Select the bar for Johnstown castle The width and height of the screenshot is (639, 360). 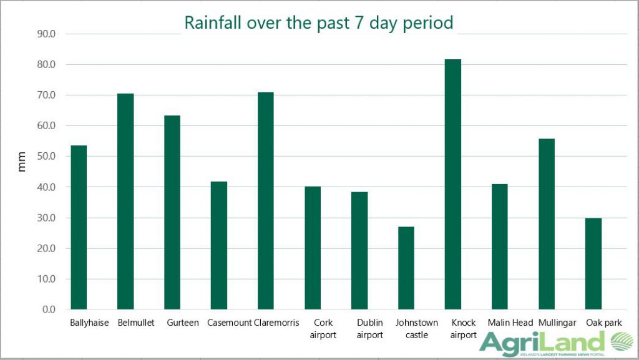point(406,268)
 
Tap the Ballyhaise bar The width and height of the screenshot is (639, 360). point(79,227)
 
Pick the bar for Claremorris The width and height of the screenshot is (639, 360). point(265,200)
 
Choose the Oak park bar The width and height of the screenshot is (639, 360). point(593,263)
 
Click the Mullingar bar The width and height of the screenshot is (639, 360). point(546,224)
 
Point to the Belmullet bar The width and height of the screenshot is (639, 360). point(125,201)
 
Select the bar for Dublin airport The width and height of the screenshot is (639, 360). point(359,250)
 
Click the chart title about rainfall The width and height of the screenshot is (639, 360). point(318,23)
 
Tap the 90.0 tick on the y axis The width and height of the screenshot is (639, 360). point(47,34)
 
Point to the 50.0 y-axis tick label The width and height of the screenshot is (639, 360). point(47,157)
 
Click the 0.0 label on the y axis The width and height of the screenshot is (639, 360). point(49,309)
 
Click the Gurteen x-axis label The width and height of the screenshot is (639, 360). point(183,323)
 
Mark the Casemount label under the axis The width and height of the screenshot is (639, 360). point(229,323)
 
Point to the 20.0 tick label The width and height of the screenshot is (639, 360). point(47,248)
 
